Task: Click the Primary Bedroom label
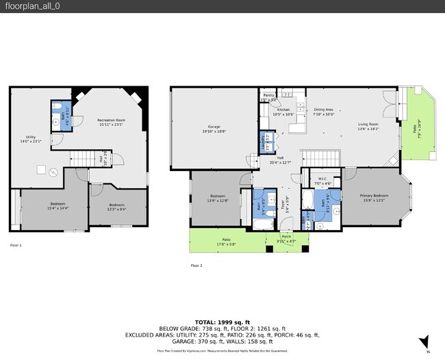click(374, 196)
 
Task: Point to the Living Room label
click(368, 124)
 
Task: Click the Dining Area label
click(323, 110)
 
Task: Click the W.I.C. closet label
click(322, 179)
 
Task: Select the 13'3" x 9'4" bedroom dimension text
click(117, 209)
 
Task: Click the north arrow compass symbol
click(424, 342)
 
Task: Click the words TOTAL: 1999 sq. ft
click(222, 322)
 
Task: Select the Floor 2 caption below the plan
click(196, 265)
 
